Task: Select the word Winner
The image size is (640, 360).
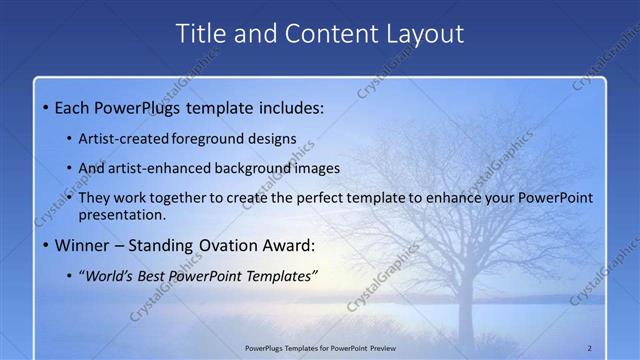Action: [83, 245]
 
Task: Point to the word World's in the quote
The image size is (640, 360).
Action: [112, 276]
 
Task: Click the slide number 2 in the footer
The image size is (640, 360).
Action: [589, 348]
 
